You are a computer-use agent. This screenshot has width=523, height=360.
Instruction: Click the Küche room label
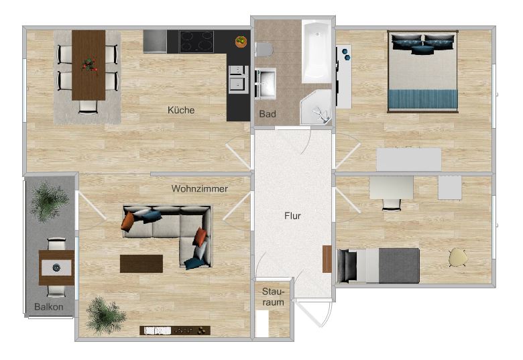(181, 110)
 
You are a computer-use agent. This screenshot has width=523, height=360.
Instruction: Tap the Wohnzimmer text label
(199, 189)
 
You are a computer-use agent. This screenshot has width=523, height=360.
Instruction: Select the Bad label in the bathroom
(268, 114)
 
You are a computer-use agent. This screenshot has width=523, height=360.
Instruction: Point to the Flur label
(292, 216)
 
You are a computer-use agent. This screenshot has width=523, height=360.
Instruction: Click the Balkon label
(49, 308)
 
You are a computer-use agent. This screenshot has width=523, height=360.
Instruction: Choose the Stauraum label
(273, 298)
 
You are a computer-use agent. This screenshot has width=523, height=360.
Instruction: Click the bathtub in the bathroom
(316, 52)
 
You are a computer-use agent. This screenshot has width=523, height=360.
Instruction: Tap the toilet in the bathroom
(264, 49)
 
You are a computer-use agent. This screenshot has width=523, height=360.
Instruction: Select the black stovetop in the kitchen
(196, 42)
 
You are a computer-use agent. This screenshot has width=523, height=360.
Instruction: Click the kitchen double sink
(236, 78)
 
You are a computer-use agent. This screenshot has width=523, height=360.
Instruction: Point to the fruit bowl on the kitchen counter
(240, 42)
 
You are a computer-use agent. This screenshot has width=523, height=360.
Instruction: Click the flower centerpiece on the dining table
(89, 65)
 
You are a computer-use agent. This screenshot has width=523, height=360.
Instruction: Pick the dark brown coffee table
(141, 263)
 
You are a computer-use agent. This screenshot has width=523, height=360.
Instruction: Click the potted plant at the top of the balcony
(49, 200)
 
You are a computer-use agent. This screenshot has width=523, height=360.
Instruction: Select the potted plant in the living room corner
(105, 314)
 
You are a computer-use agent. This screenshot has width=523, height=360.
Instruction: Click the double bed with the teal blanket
(423, 71)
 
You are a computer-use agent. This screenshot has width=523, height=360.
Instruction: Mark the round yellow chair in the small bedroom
(459, 257)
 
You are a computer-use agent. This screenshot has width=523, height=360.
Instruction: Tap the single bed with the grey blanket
(378, 265)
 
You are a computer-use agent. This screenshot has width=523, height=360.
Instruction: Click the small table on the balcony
(56, 267)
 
